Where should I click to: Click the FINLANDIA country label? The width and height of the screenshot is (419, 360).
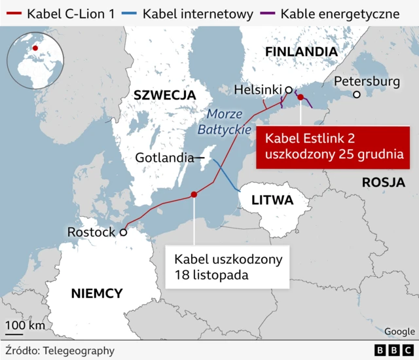point(301,52)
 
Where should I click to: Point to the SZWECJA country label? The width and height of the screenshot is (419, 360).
point(164,95)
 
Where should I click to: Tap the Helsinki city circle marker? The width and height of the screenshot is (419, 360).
point(288,90)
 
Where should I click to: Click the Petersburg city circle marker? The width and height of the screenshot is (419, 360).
point(357,94)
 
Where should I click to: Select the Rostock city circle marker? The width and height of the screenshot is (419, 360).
point(122,232)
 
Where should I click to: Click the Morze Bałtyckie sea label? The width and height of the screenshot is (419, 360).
point(225,121)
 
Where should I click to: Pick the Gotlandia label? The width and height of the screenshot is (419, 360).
point(164,158)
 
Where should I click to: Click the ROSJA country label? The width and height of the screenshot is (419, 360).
point(383,183)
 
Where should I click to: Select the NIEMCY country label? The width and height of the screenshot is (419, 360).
point(96,293)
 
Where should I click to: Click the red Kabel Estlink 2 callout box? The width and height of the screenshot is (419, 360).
point(329,147)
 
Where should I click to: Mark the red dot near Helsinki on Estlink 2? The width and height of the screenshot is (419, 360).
point(301,98)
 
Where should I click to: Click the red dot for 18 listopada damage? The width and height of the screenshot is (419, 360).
point(194,194)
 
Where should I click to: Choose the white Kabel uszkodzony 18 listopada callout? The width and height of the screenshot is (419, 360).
point(228,266)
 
